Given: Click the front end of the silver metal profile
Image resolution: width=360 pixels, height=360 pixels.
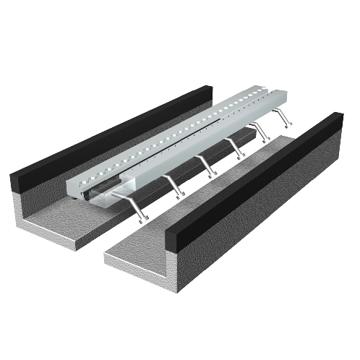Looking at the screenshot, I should tap(90, 189).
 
